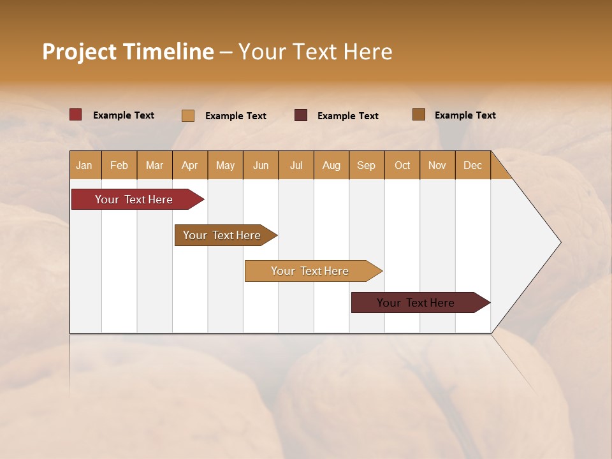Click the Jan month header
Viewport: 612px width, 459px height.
(84, 166)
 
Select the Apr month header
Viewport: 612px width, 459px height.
(190, 166)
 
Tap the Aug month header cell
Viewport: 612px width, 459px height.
(331, 166)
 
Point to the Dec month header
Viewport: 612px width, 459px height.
(473, 166)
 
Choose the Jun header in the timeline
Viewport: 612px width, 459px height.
(261, 166)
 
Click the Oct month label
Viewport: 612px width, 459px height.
(402, 166)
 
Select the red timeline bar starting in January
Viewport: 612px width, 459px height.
(134, 200)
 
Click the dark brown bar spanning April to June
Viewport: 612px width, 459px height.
(222, 235)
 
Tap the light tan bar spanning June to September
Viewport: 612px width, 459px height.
(310, 271)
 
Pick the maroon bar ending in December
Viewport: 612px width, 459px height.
(416, 303)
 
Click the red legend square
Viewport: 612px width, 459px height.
(76, 115)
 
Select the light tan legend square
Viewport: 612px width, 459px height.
(188, 115)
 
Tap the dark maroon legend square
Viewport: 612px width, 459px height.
(301, 115)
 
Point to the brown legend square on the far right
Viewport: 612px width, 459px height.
(419, 115)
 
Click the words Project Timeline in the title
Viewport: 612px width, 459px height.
(127, 52)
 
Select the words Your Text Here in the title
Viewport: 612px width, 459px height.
(316, 52)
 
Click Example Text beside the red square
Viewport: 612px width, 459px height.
(124, 115)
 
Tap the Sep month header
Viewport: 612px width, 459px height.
(367, 166)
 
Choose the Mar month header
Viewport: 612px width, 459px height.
(155, 166)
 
